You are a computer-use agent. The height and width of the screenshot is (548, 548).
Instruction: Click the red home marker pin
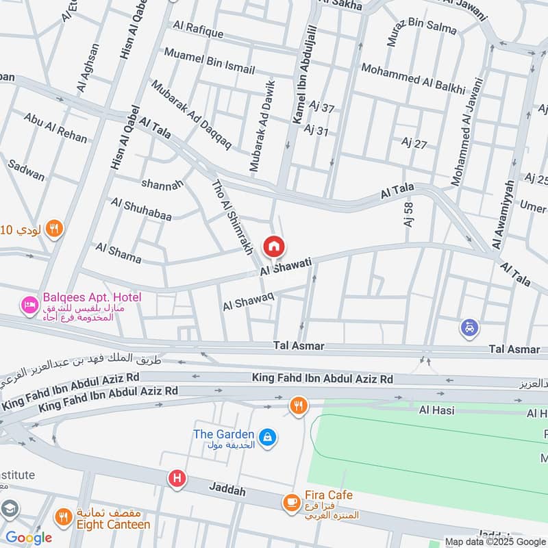tap(273, 246)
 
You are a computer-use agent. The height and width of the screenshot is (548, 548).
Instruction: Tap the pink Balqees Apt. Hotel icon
tap(29, 303)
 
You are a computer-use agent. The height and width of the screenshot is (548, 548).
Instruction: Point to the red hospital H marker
tap(177, 479)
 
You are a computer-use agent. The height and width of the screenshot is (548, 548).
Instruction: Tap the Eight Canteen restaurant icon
tap(63, 517)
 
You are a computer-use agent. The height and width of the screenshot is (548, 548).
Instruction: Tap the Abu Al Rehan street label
tap(55, 127)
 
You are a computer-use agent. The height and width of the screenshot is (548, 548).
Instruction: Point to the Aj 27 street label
tap(414, 142)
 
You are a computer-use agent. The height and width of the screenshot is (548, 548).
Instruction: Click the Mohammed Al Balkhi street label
tap(413, 79)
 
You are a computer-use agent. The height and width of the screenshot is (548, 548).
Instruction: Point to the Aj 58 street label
tap(409, 214)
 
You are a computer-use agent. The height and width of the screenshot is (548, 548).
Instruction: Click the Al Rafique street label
tap(198, 29)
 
